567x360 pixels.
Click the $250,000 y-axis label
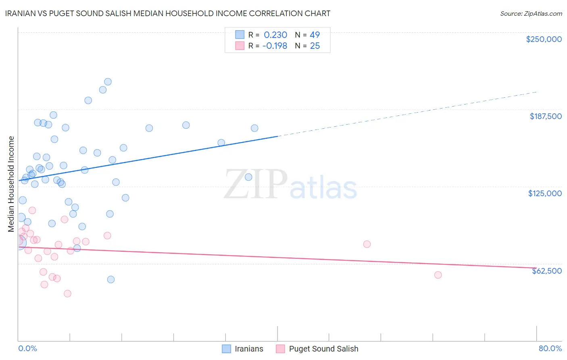pos(544,39)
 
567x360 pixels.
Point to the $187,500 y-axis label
pos(545,116)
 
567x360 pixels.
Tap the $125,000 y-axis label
pos(545,193)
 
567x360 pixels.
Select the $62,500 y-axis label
pos(546,271)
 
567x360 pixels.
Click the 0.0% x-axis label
pos(27,348)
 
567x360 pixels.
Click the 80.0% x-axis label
pos(550,348)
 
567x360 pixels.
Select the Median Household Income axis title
pos(11,184)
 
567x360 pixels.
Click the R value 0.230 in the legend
pos(275,35)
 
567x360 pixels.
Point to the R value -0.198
pos(275,46)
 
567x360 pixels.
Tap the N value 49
pos(315,35)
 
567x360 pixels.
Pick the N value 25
pos(315,46)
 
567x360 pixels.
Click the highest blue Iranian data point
pos(108,82)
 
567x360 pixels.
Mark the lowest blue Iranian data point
pos(111,279)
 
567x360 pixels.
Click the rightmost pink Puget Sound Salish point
pos(438,275)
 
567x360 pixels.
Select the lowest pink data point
pos(67,293)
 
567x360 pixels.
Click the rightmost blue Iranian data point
pos(254,128)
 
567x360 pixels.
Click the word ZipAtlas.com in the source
pos(542,14)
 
